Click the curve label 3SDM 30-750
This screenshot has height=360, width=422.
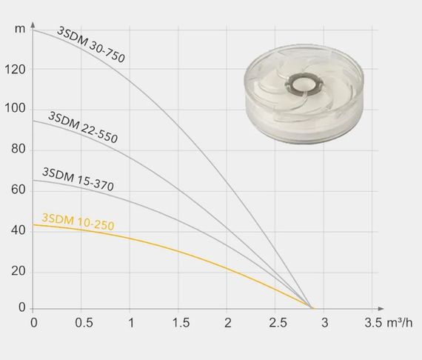(x=91, y=44)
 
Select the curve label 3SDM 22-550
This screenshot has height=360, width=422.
(x=83, y=127)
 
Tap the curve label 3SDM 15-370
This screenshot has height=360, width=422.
(x=78, y=179)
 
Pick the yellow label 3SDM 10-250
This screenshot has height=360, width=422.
(x=78, y=222)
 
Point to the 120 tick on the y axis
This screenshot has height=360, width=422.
(x=16, y=70)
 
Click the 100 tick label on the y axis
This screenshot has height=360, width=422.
(x=16, y=108)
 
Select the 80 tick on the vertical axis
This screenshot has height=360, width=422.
(x=19, y=149)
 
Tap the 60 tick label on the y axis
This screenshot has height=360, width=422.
(x=19, y=190)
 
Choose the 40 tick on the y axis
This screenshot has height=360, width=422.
(x=19, y=230)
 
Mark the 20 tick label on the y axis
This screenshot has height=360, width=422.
(x=19, y=271)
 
